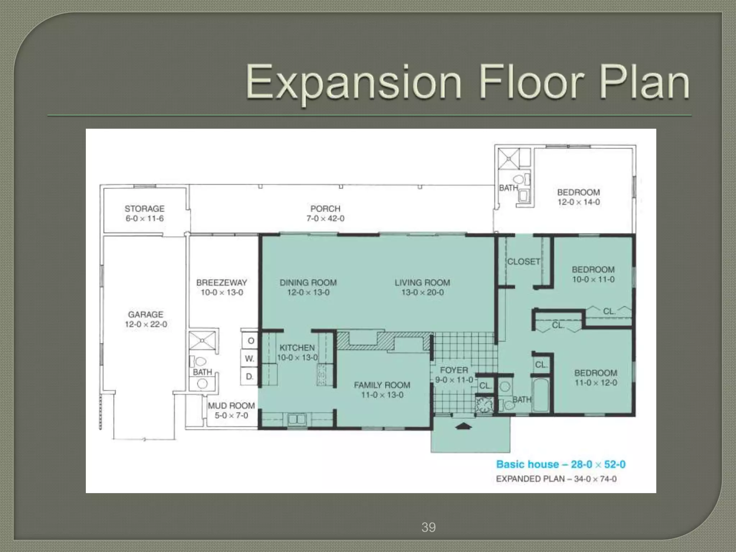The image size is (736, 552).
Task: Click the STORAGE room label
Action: coord(144,208)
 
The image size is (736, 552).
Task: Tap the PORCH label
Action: coord(325,208)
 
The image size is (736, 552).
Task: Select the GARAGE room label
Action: coord(146,314)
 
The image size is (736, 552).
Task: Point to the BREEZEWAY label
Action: coord(222,282)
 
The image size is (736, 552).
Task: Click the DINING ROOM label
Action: coord(308,282)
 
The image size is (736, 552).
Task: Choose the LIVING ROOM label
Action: coord(422,282)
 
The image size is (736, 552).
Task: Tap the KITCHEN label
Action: coord(297,348)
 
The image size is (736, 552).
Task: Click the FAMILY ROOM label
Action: coord(382,385)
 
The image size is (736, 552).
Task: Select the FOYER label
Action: coord(454,370)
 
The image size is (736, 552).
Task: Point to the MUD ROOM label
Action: coord(231,405)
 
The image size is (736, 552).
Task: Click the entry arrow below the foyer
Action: coord(463,427)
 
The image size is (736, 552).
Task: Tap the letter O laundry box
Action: coord(250,340)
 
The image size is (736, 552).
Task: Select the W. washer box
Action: coord(250,358)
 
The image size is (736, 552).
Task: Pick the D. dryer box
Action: coord(250,376)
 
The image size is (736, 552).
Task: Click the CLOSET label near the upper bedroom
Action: coord(524,262)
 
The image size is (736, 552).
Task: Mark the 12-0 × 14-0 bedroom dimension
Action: coord(579,202)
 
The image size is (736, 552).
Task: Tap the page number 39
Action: coord(428,527)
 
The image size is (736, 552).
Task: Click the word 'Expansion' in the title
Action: coord(354,83)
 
